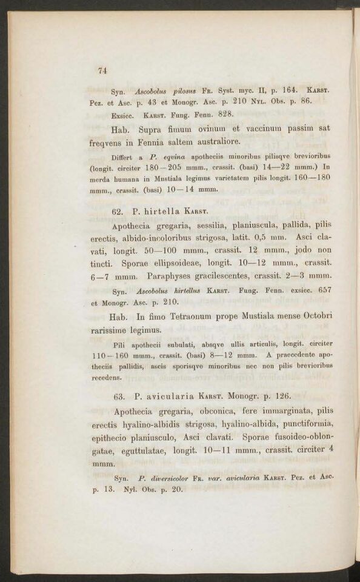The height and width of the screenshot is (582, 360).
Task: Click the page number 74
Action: (x=102, y=70)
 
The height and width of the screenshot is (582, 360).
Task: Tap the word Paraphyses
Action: (x=181, y=276)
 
